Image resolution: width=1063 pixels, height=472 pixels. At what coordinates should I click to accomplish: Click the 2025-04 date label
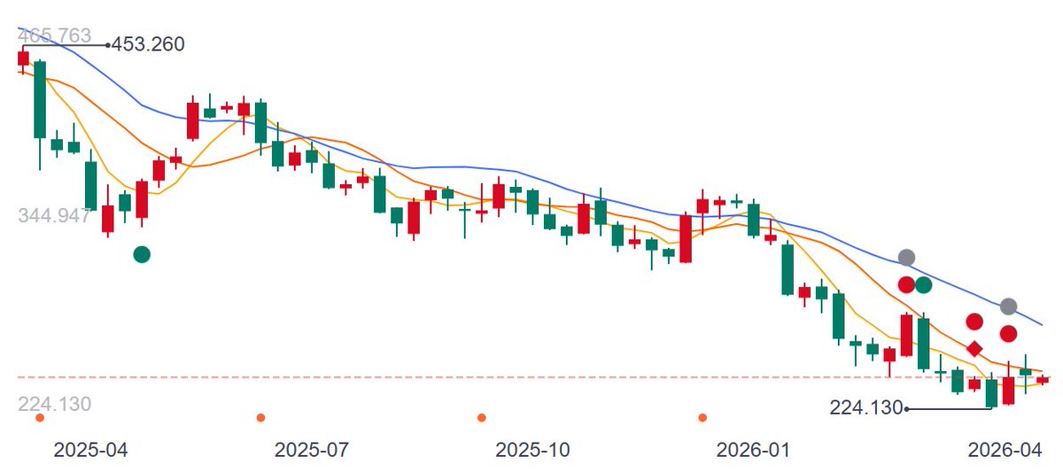90,450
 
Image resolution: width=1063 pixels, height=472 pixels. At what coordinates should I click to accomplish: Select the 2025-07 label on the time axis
311,450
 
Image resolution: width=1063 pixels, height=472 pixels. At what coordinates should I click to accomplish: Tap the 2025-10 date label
532,450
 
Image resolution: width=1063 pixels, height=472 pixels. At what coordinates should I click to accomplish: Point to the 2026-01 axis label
753,450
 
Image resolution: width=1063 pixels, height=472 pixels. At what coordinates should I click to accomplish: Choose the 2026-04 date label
1005,450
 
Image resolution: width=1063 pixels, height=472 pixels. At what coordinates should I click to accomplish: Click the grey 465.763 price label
54,35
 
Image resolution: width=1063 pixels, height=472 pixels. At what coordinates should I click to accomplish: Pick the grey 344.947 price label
54,215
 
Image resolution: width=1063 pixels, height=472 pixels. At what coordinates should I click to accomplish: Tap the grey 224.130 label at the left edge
54,404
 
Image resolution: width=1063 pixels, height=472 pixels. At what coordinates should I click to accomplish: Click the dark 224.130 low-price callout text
865,407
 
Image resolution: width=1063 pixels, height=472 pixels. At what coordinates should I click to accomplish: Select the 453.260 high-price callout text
148,44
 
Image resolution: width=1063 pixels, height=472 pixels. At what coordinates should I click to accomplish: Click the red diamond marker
974,349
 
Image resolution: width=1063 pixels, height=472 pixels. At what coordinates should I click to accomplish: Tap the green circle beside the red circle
923,285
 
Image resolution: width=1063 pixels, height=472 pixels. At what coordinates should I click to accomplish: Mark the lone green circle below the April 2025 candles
142,255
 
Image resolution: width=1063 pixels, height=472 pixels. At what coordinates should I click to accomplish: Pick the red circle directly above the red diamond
974,321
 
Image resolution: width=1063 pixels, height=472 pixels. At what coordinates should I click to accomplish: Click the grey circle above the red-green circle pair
906,258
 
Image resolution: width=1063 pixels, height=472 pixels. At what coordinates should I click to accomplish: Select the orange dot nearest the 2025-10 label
482,417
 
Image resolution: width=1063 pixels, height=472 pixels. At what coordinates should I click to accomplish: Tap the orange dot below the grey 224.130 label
40,417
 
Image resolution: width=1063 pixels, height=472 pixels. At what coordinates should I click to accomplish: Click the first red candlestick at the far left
23,58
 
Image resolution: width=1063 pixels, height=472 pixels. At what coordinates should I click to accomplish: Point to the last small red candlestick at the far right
1043,380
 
